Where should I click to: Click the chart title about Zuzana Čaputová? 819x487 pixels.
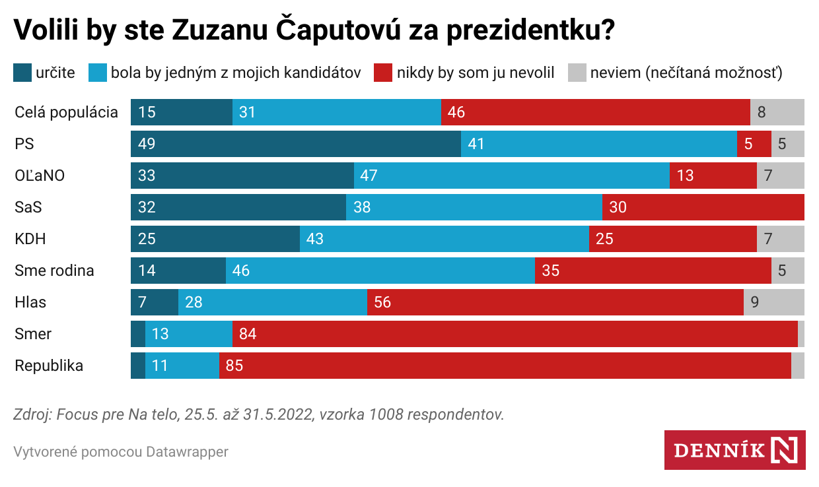(x=314, y=31)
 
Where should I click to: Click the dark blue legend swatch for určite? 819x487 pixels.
(x=22, y=73)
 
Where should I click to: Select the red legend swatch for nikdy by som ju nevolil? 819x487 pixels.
(x=383, y=73)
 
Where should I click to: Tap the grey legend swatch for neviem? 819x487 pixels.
(x=577, y=73)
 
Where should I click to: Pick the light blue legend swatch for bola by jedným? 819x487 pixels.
(x=98, y=73)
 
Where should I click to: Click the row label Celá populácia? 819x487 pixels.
(x=66, y=112)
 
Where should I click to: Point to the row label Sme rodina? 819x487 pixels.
(x=54, y=271)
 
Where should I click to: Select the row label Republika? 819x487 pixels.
(x=49, y=366)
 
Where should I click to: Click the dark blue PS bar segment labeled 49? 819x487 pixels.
(x=295, y=144)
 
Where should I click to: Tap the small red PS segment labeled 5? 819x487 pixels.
(x=754, y=144)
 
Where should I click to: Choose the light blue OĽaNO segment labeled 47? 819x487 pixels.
(x=511, y=176)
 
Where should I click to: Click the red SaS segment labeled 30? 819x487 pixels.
(x=703, y=207)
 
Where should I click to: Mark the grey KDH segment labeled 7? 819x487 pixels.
(x=780, y=239)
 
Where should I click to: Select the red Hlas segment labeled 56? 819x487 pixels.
(x=555, y=302)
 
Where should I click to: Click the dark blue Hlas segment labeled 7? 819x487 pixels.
(x=154, y=302)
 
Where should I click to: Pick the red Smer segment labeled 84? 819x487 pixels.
(x=515, y=334)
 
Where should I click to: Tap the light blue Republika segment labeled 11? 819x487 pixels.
(x=182, y=366)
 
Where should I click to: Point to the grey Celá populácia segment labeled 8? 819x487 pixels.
(x=777, y=112)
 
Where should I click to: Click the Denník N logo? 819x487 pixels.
(x=734, y=450)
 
